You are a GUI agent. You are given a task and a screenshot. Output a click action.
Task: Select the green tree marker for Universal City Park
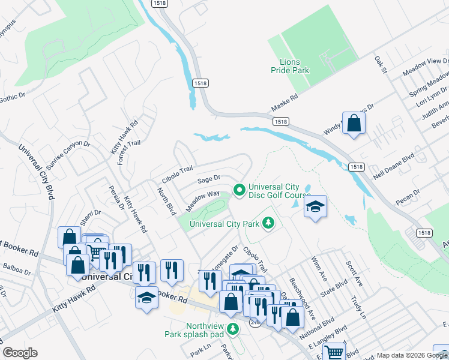(x=268, y=224)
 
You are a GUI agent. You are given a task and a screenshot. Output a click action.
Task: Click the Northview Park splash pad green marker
(x=234, y=328)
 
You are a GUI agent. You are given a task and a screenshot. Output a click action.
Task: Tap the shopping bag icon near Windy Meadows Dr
(x=354, y=123)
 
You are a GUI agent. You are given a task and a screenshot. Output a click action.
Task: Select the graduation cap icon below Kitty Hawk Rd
(x=146, y=298)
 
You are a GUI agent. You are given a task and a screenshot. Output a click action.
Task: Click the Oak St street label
(x=379, y=65)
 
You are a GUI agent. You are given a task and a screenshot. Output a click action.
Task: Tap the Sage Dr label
(x=209, y=178)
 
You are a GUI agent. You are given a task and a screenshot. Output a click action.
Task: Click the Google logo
(x=20, y=353)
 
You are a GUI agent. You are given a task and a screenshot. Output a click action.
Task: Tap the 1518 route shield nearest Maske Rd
(x=280, y=121)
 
